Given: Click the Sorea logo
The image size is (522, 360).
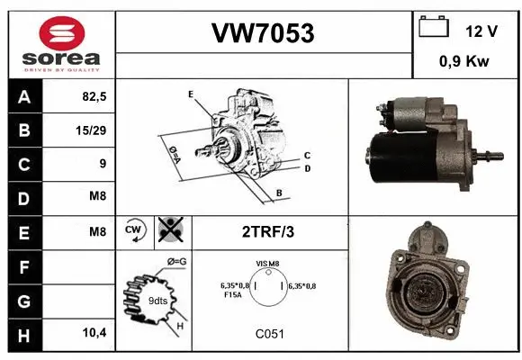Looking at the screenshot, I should [61, 44].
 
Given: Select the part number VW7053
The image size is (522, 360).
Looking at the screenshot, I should [263, 33].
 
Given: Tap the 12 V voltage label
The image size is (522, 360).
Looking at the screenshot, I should [481, 31].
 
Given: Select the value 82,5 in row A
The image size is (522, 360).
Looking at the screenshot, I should [94, 94].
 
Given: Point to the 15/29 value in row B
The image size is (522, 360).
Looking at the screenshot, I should [92, 130].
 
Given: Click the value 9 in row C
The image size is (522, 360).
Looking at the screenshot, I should [102, 164].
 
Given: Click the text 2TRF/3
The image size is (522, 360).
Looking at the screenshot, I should [268, 231].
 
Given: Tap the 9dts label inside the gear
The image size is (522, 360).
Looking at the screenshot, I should [157, 301].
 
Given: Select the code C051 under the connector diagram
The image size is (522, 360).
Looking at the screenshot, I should [268, 333].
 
